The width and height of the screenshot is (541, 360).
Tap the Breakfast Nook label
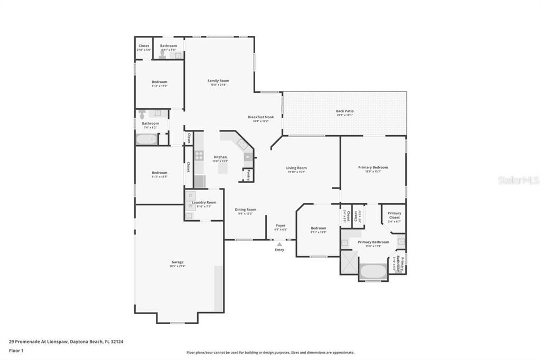260,117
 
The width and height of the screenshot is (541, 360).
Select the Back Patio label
344,111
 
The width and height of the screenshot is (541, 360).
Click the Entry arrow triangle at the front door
279,244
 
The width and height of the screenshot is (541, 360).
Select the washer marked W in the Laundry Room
190,206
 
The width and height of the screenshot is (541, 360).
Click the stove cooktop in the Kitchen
199,155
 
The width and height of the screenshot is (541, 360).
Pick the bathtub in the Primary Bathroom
373,271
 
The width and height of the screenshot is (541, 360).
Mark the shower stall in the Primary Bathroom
349,262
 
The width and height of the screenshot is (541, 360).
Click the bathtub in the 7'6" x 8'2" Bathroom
146,140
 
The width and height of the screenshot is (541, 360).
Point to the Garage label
178,262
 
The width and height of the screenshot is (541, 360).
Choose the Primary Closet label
394,215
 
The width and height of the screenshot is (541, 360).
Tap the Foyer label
281,225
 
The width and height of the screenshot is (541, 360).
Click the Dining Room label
245,210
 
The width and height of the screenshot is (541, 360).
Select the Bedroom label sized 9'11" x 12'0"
318,228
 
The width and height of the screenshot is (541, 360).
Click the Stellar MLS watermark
518,180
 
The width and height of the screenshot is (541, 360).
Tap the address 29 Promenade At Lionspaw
42,342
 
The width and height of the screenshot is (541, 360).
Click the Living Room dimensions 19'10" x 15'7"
296,172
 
